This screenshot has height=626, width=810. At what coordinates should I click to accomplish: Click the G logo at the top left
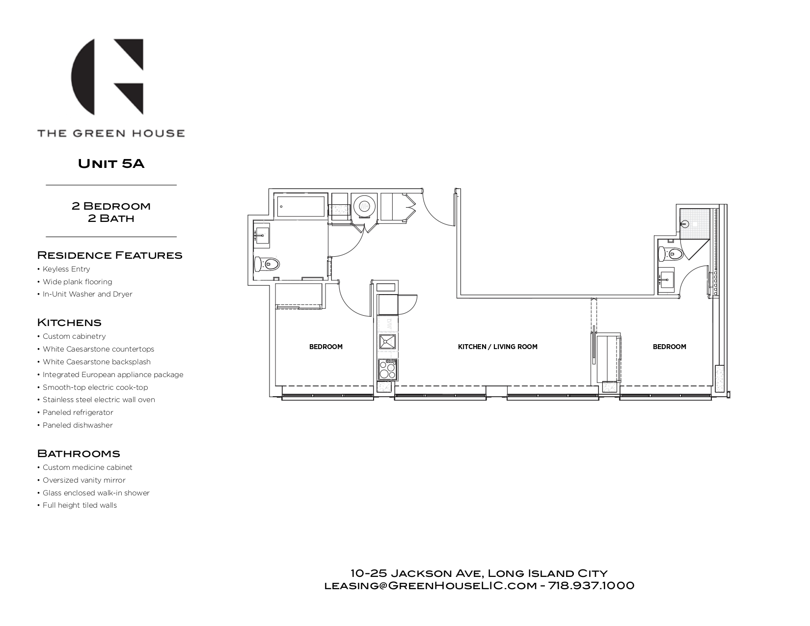pos(108,77)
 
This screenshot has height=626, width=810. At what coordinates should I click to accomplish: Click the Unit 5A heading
pos(111,163)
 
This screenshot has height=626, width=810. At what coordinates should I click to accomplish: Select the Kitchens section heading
pos(69,323)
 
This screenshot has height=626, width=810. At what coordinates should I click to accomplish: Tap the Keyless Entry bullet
pos(66,269)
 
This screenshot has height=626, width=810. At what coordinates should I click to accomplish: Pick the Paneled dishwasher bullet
pos(78,425)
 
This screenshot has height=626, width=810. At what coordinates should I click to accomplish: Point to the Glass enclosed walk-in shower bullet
pos(96,493)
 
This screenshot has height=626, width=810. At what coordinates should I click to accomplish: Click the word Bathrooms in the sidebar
pos(79,453)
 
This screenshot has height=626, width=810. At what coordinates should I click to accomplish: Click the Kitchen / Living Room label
pos(497,347)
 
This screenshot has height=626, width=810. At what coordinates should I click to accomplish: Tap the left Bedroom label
pos(325,347)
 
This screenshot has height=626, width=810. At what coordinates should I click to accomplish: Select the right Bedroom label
pos(669,347)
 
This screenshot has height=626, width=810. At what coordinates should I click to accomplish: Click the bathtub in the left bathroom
pos(301,206)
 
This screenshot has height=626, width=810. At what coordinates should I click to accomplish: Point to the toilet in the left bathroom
pos(267,264)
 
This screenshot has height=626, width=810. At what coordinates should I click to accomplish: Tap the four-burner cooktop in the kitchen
pos(387,369)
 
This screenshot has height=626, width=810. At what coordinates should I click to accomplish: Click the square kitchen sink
pos(387,342)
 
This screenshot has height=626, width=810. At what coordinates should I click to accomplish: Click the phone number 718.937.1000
pos(591,586)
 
